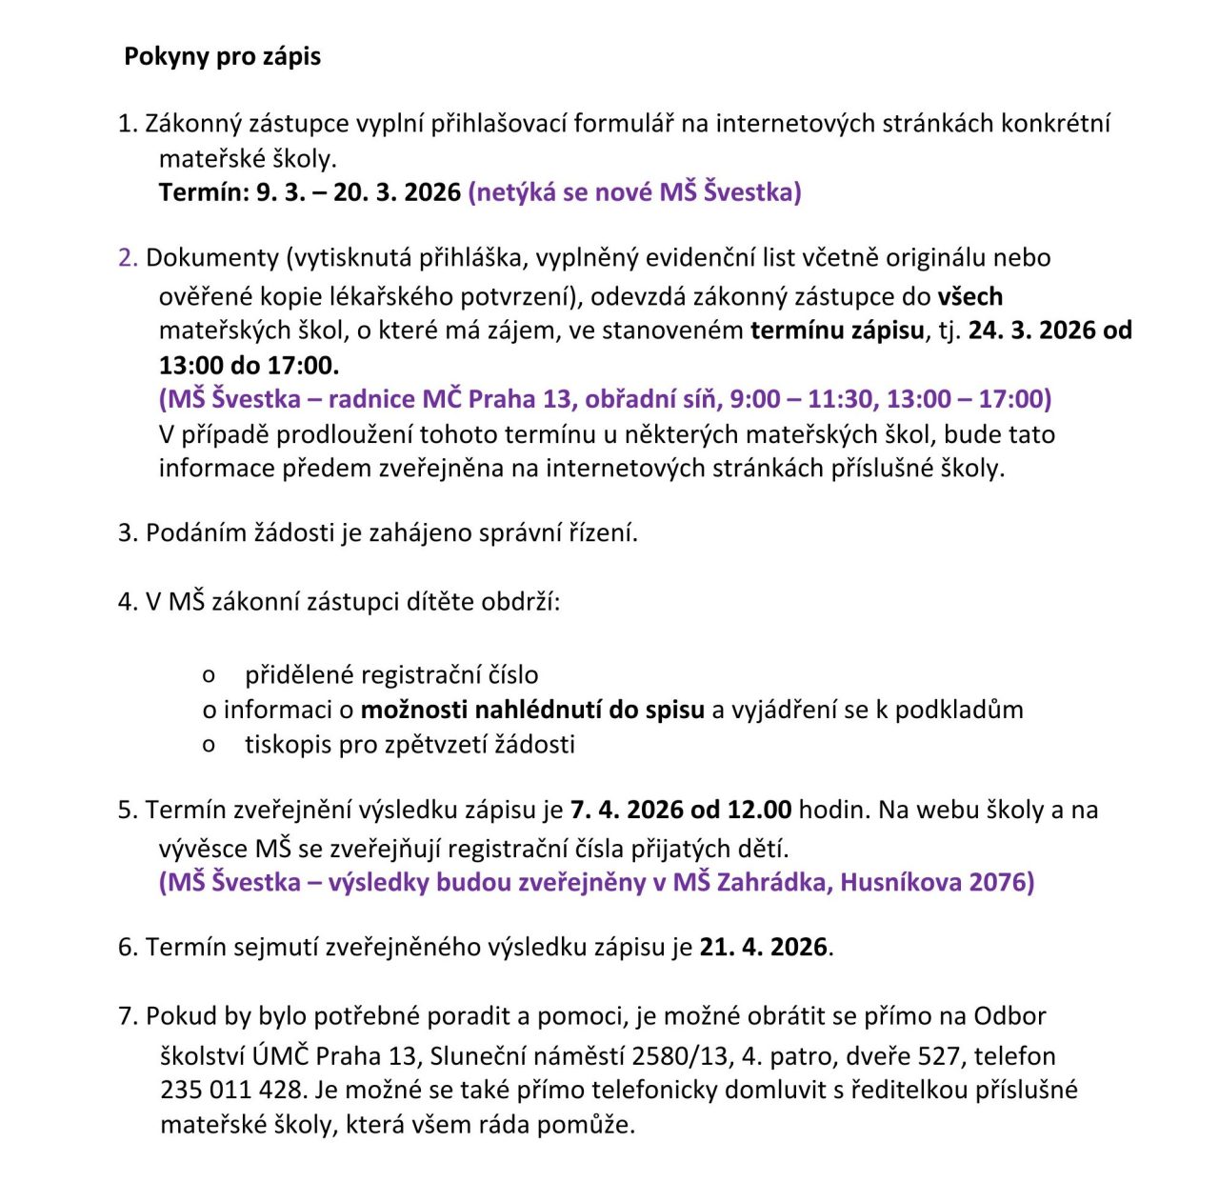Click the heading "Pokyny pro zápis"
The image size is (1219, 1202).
point(222,56)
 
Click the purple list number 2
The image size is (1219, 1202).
point(128,258)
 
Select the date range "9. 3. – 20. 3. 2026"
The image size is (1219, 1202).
point(358,192)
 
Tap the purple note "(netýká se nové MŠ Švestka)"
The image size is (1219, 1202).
point(634,192)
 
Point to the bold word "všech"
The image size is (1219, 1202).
point(969,296)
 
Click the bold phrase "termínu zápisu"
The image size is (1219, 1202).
point(837,331)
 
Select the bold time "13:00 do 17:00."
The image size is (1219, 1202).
point(249,365)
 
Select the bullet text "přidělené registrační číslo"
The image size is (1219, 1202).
point(391,675)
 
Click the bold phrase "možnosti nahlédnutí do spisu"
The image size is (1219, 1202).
point(532,710)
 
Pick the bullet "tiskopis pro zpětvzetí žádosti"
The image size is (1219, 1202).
point(410,744)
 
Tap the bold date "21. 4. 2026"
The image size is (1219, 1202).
point(764,948)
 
